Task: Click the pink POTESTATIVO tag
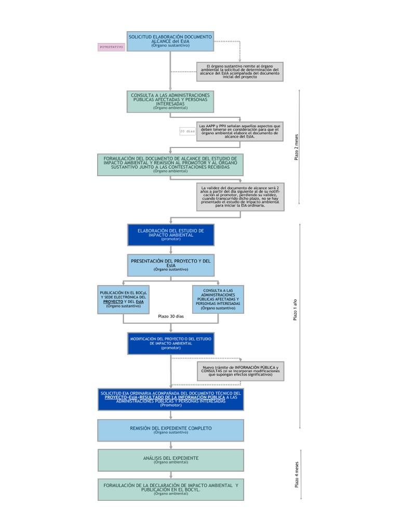point(111,47)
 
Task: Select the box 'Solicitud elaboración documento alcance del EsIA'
point(170,41)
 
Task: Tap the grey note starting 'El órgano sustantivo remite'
point(240,72)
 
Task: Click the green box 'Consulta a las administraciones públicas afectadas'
point(170,102)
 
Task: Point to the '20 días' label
point(188,131)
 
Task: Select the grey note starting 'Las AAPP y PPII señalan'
point(240,131)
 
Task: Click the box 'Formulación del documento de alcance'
point(170,164)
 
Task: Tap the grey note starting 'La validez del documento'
point(240,196)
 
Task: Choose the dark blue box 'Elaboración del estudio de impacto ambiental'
point(170,234)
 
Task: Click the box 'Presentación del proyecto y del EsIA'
point(170,265)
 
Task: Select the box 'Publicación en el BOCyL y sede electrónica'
point(123,299)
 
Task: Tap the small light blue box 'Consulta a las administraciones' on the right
point(218,299)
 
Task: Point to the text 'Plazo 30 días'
point(170,316)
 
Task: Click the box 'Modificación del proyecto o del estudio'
point(170,343)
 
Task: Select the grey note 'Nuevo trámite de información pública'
point(240,371)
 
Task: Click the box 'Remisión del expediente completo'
point(170,430)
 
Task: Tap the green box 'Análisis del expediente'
point(170,460)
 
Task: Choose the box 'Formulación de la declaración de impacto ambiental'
point(170,489)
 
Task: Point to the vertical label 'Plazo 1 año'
point(295,310)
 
